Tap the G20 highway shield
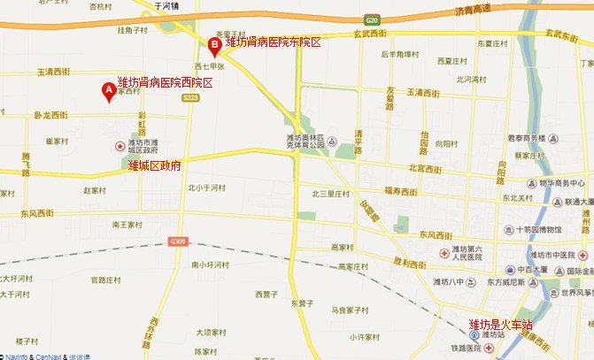372,19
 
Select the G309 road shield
179,241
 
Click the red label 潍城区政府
155,165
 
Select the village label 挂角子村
136,30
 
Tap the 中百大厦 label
535,270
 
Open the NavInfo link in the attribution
18,356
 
